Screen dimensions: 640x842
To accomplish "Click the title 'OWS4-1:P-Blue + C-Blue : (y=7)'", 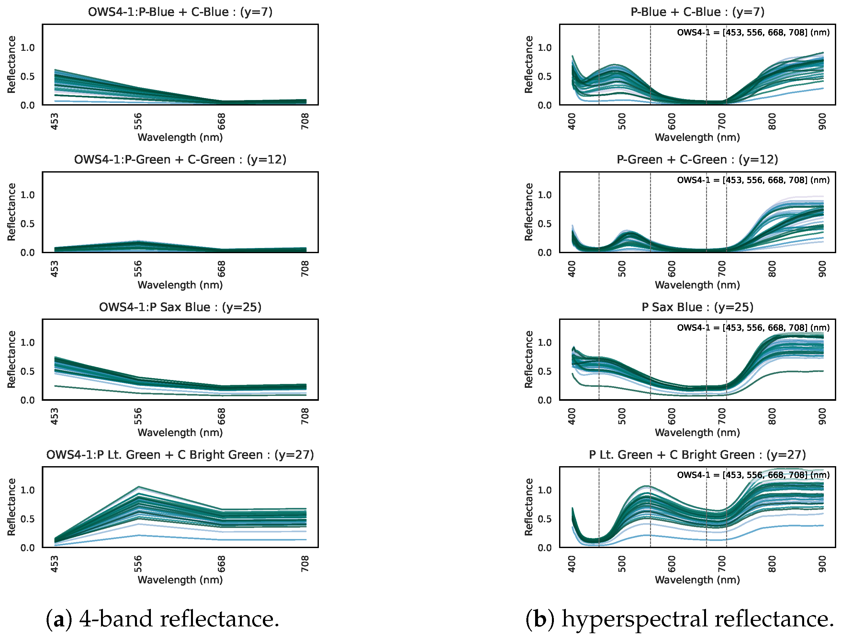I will tap(180, 12).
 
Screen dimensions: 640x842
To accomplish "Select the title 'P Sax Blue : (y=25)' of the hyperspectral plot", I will tap(697, 307).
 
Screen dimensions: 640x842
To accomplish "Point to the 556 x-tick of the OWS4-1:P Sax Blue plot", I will tap(138, 416).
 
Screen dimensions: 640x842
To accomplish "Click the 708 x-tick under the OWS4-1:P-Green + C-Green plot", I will tap(305, 269).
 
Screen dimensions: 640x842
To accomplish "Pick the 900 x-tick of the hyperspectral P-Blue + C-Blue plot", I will tap(822, 121).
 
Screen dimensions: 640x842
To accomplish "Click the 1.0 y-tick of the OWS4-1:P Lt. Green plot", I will tap(28, 490).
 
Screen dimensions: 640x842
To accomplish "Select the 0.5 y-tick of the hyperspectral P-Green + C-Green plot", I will tap(544, 224).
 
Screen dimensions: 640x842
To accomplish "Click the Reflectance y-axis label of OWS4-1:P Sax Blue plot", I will tap(11, 359).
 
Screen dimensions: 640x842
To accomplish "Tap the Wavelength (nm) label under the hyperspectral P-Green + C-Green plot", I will tap(697, 285).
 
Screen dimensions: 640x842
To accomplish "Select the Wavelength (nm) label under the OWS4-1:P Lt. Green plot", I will tap(180, 580).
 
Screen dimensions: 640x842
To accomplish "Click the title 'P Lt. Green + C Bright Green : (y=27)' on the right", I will tap(697, 455).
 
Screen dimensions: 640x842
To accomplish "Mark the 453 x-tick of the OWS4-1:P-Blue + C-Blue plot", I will tap(55, 121).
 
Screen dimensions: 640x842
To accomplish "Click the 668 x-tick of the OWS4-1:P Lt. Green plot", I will tap(221, 564).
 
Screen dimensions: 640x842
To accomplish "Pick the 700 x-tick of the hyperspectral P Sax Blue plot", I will tap(722, 416).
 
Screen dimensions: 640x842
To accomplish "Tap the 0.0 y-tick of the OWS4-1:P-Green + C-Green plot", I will tap(28, 253).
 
